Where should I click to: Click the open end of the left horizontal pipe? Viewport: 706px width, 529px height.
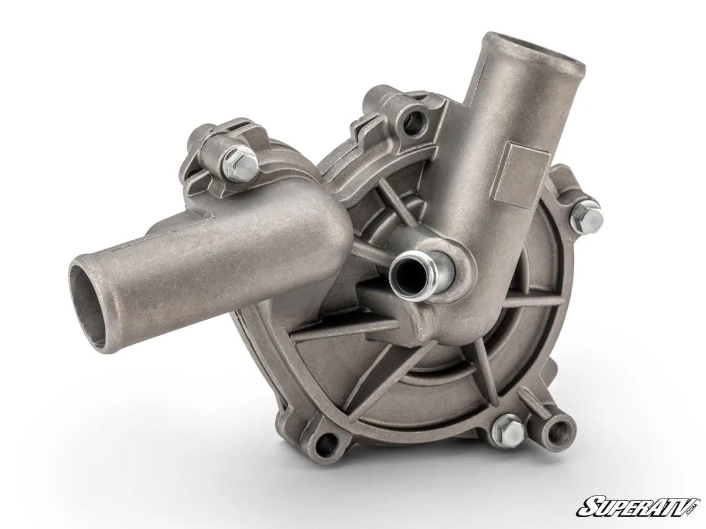[88, 300]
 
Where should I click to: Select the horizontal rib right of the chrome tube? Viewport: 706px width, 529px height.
[518, 302]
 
